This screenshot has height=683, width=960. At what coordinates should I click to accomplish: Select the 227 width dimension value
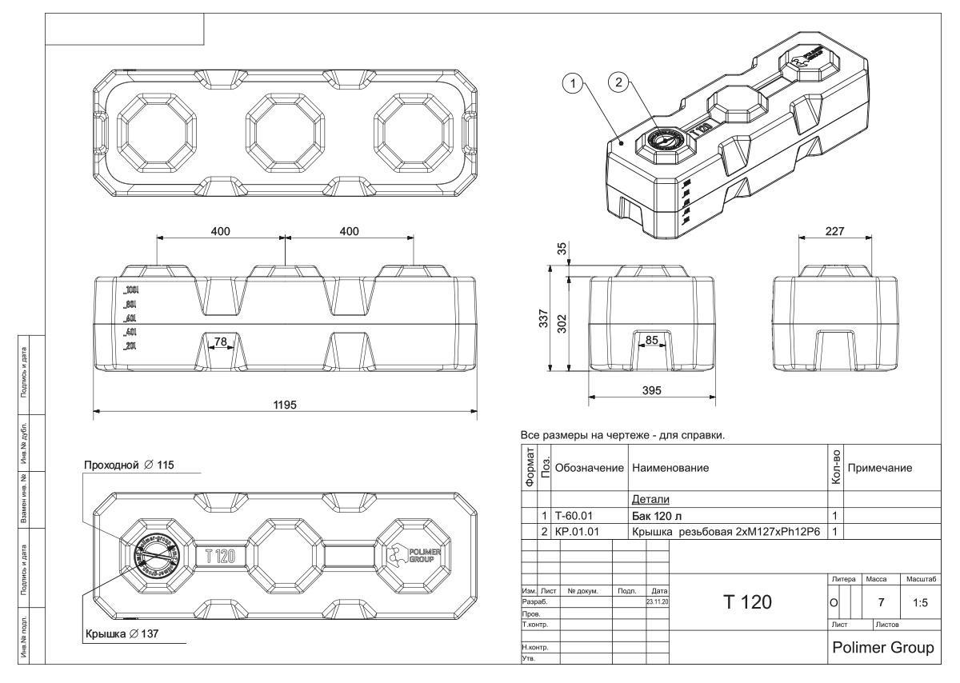834,229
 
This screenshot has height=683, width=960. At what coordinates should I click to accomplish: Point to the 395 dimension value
651,389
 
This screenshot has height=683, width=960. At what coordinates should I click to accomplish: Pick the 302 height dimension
562,323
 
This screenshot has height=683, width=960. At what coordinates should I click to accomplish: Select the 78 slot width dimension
220,342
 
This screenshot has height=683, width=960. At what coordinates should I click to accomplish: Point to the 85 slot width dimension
652,340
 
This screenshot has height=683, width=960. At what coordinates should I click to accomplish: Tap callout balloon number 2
617,81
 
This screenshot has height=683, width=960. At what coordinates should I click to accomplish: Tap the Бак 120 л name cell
658,515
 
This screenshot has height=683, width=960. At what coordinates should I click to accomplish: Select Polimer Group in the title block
883,647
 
